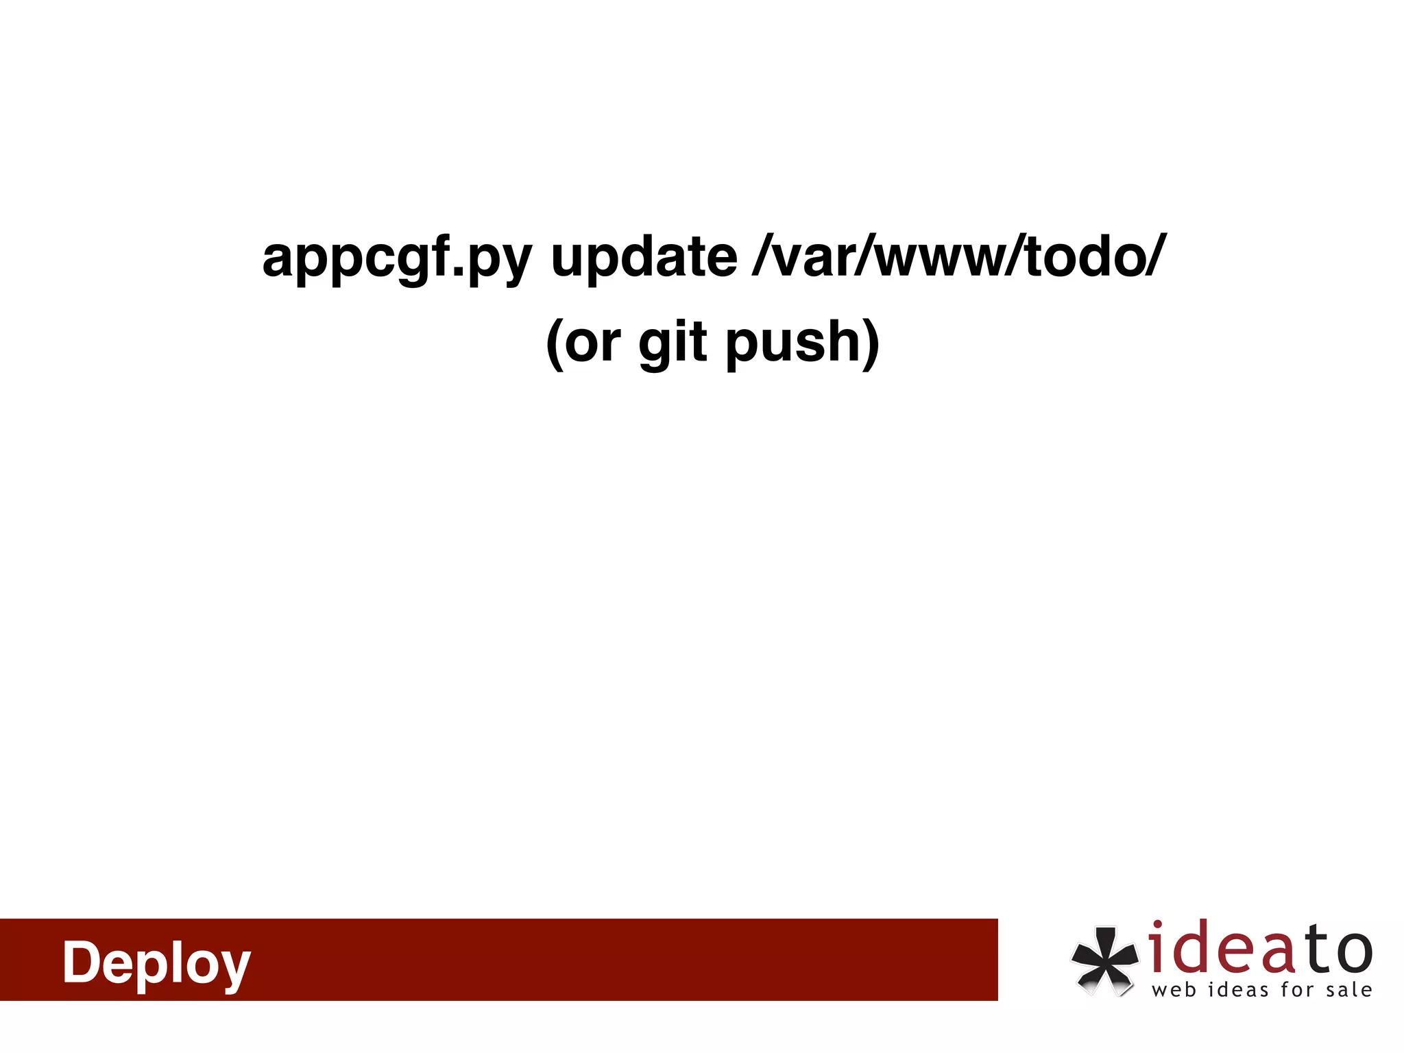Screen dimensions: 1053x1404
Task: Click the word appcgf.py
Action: pos(397,258)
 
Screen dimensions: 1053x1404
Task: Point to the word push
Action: pos(792,342)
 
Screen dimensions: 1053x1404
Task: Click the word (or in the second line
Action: pos(583,342)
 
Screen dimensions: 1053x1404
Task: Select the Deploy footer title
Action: pos(156,962)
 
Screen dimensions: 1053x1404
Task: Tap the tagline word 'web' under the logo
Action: pos(1174,991)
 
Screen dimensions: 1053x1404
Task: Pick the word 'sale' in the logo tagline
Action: pos(1348,991)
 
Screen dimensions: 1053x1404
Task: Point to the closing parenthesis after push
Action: pos(871,342)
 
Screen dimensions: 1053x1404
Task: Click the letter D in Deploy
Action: pos(83,961)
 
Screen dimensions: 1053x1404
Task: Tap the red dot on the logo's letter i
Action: pos(1157,926)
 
